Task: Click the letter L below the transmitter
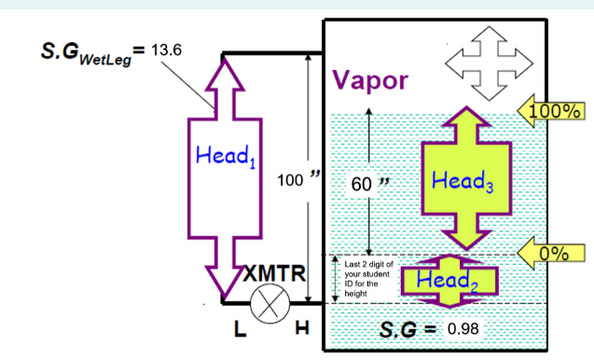(239, 331)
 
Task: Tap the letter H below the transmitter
(302, 331)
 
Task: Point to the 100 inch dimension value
(296, 178)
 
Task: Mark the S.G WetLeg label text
(89, 51)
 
